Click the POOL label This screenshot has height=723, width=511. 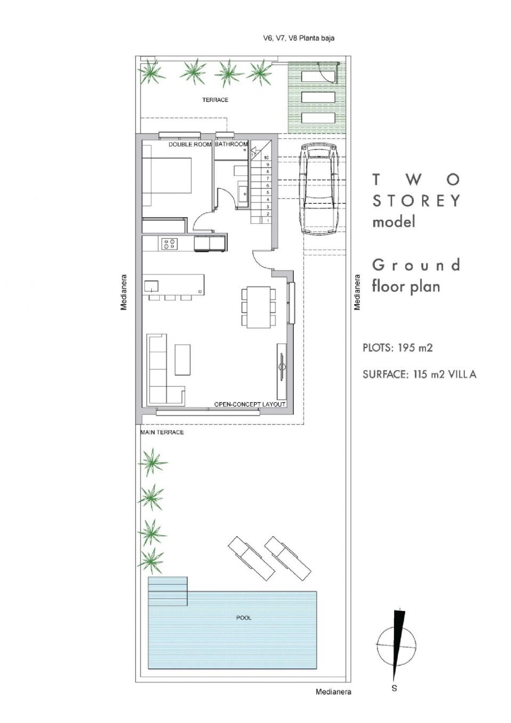point(244,617)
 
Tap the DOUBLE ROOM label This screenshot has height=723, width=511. point(190,144)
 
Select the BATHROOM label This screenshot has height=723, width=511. point(231,144)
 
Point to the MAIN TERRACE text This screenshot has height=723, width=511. point(162,432)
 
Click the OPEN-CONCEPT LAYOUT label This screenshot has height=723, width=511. point(250,404)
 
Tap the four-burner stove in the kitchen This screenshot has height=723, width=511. point(169,243)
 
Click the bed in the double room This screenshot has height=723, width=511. point(167,181)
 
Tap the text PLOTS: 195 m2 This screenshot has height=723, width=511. point(398,348)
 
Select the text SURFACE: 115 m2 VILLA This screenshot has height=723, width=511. point(419,374)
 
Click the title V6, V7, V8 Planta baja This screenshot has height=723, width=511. point(299,38)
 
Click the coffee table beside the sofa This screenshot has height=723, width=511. point(183,360)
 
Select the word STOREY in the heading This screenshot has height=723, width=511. point(416,201)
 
